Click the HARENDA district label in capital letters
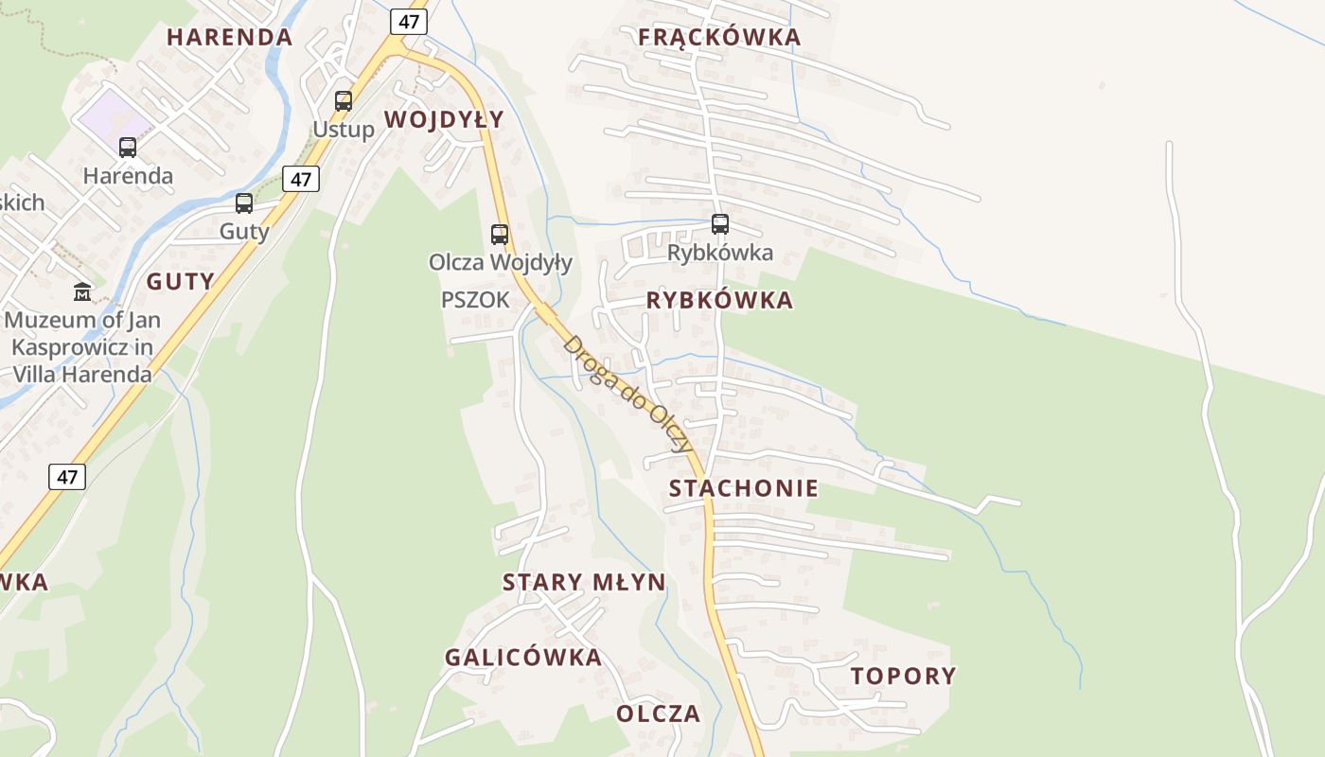pos(230,37)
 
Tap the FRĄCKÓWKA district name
pos(719,37)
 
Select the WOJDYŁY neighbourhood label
pos(444,119)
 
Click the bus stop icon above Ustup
pos(344,100)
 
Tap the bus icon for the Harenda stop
pos(128,147)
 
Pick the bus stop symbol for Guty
pos(244,202)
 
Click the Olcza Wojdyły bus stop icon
pos(500,234)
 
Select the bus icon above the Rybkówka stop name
pos(720,224)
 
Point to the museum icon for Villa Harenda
pos(82,291)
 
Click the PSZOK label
pos(475,300)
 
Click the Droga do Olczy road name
pos(627,393)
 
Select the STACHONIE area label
pos(744,488)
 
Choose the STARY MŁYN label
pos(584,582)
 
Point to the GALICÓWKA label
pos(523,657)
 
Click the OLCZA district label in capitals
pos(659,713)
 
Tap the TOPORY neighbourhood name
pos(903,676)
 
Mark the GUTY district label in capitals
pos(180,281)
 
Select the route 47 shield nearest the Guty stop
pos(301,179)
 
